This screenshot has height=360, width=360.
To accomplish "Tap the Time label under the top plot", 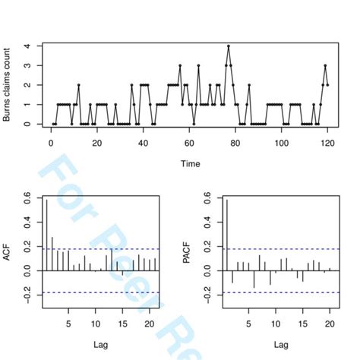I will point(190,163).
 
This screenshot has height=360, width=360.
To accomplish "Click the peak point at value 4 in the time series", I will point(228,46).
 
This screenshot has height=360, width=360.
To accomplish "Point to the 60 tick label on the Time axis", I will point(190,142).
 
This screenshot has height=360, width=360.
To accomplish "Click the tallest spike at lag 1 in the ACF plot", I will point(47,228).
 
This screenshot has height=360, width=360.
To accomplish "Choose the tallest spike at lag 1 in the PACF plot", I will point(226,228).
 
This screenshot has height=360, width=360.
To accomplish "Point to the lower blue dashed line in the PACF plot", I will point(281,292).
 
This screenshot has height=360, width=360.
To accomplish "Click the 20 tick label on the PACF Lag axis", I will point(329,323).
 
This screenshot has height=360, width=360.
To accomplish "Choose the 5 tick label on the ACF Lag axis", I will point(68,323).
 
